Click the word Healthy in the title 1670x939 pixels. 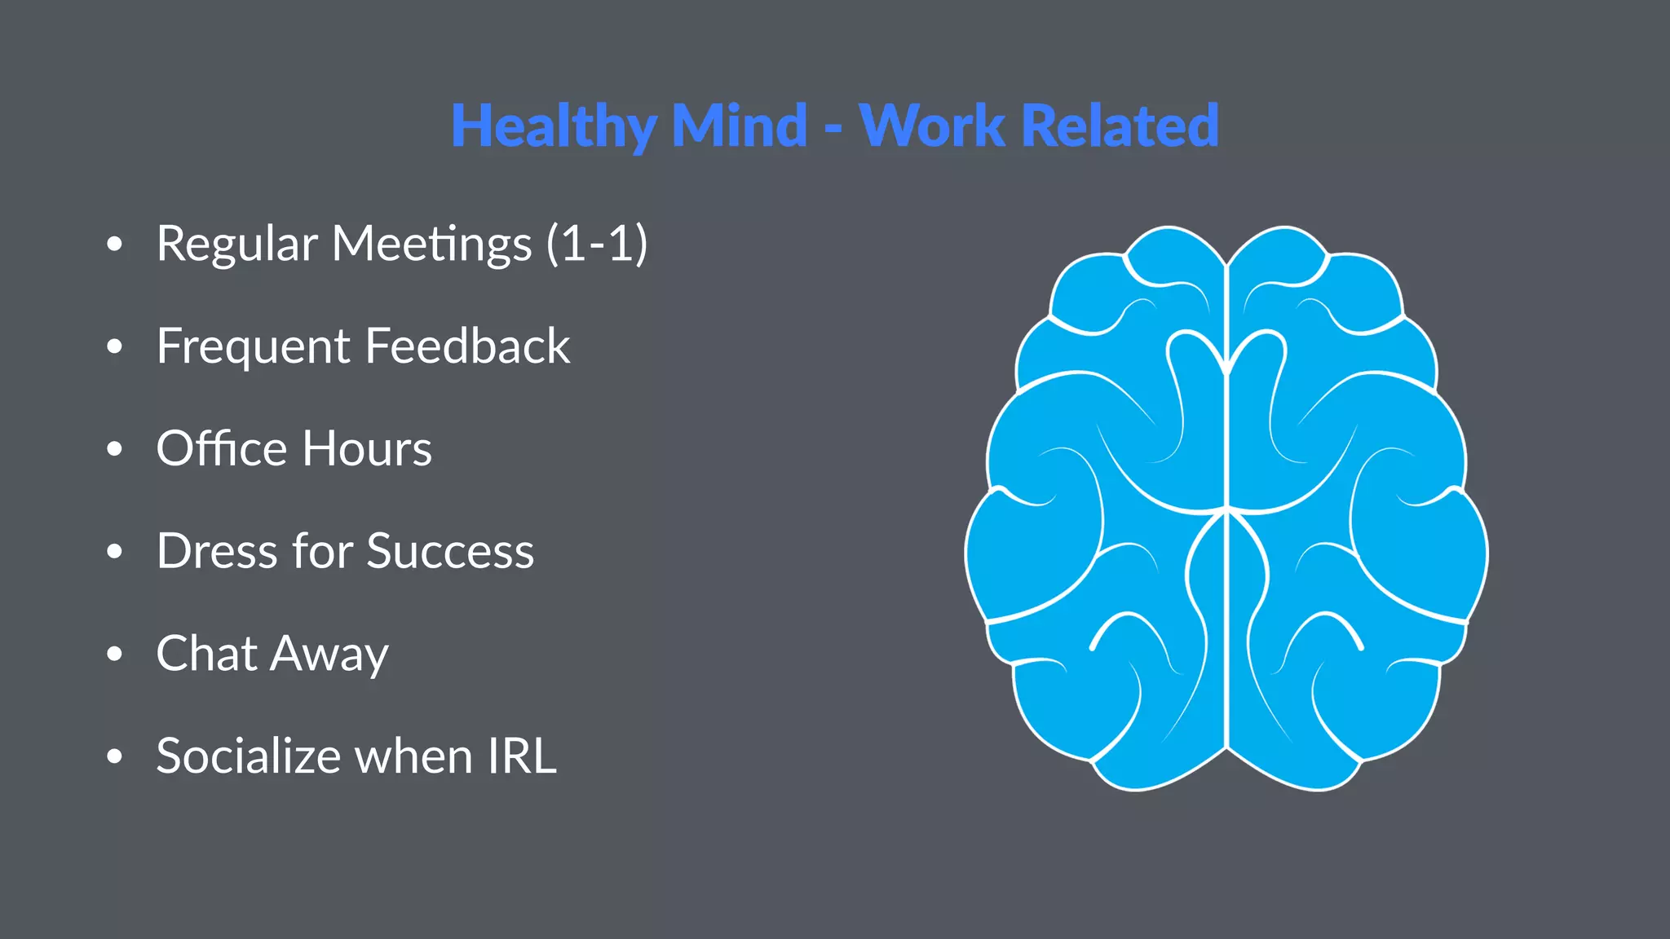pos(554,126)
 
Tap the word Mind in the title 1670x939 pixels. pos(739,126)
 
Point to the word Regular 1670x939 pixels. pos(236,245)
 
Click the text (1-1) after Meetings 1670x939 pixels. pos(597,244)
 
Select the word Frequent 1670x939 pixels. pos(253,347)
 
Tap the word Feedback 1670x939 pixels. pos(468,346)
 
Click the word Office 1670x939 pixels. pos(222,448)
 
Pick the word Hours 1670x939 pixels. pos(368,448)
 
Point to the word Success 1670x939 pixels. pos(450,551)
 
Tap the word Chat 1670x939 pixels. pos(207,654)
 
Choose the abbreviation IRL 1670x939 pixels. pos(522,756)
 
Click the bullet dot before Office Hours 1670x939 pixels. pos(115,449)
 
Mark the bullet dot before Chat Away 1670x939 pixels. pos(115,654)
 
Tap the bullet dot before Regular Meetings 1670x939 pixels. pos(115,244)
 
